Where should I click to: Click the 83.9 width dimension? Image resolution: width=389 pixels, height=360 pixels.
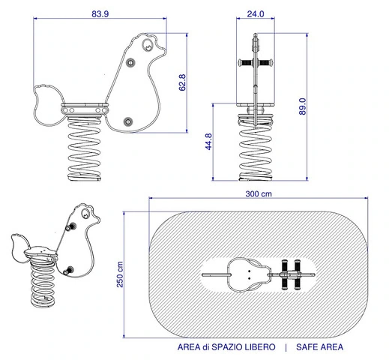(100, 14)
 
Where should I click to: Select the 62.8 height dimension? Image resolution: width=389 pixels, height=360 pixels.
(182, 82)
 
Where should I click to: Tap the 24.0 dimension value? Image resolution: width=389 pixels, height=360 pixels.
(256, 14)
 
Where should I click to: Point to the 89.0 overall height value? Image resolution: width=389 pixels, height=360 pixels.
(302, 106)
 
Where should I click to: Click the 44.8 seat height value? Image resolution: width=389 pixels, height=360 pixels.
(208, 142)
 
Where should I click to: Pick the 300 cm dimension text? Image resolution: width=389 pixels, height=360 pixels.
(259, 194)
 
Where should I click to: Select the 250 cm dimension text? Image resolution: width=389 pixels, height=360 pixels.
(120, 274)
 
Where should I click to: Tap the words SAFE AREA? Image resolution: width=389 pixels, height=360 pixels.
(319, 347)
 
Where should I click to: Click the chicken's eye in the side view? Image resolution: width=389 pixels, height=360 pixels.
(147, 45)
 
